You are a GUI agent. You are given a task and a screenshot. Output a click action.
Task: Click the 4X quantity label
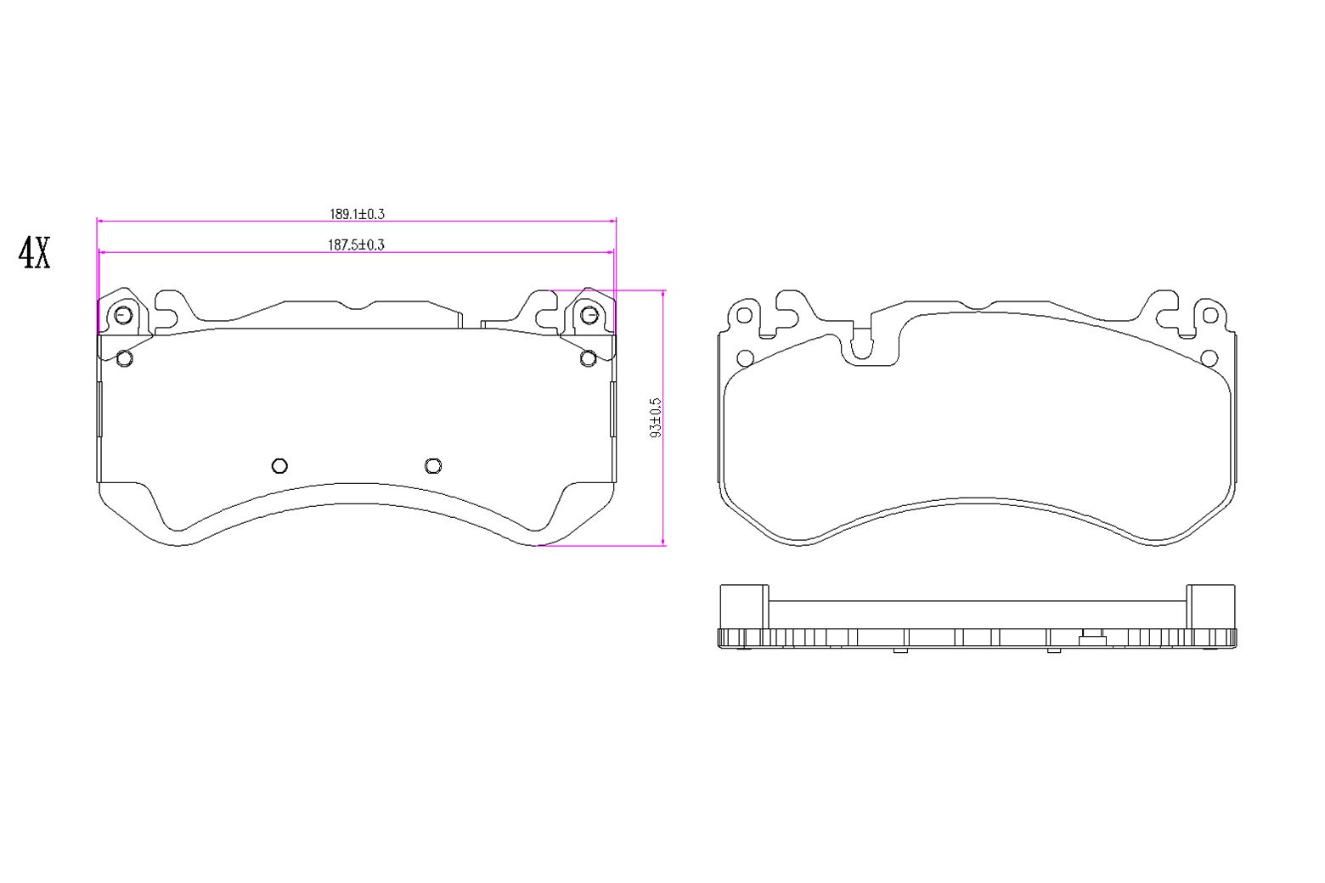(35, 253)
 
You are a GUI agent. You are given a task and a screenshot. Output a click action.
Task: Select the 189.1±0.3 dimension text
(357, 214)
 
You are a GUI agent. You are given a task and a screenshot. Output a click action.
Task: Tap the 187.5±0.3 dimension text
(357, 245)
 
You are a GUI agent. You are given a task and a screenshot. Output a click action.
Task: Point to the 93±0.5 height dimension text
(655, 417)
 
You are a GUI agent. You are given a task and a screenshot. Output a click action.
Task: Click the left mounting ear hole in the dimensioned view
(122, 315)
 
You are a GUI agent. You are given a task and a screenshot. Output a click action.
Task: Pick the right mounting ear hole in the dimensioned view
(589, 315)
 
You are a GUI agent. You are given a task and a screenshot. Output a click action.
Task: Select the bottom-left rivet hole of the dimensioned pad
(279, 465)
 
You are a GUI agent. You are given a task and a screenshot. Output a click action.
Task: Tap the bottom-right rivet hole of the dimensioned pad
(433, 465)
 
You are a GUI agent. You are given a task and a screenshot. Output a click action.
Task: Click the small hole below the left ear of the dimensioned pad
(124, 358)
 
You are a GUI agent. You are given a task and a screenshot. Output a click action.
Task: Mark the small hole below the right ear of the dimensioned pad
(588, 358)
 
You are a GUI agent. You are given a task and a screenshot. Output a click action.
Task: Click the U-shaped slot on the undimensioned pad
(861, 344)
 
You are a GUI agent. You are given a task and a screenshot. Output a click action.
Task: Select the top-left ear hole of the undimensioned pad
(744, 316)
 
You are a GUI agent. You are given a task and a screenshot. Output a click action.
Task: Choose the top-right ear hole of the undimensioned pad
(1210, 316)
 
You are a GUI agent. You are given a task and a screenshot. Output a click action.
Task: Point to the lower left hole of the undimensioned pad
(745, 358)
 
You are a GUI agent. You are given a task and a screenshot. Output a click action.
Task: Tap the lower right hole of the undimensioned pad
(1209, 358)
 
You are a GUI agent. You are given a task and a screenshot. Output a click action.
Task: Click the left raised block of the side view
(744, 606)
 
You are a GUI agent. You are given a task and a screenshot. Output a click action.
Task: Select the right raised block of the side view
(1210, 606)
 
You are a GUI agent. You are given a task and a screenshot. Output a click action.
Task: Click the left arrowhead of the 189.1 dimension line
(101, 221)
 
